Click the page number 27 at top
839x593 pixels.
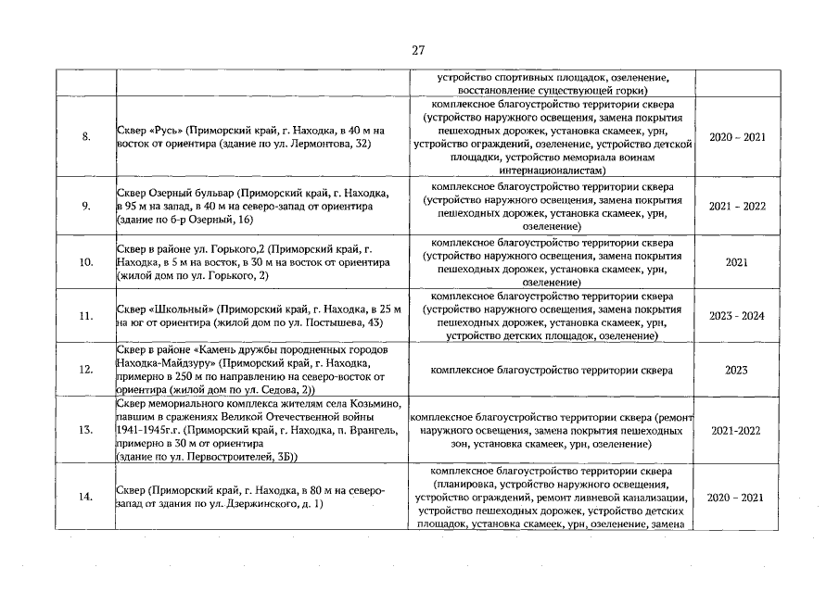(418, 50)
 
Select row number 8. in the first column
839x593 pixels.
(86, 137)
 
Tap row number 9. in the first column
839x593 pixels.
(86, 206)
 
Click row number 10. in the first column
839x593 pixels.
(86, 262)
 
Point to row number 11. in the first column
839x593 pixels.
(86, 316)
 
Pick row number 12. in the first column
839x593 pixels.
(86, 371)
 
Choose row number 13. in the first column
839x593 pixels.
(86, 431)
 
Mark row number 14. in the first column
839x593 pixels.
(86, 498)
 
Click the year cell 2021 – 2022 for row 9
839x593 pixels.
(736, 206)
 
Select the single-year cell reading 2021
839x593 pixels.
(736, 262)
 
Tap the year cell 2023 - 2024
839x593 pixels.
(736, 316)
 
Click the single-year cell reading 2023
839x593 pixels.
(736, 371)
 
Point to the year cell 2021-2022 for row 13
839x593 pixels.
(736, 431)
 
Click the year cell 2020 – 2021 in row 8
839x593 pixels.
(736, 137)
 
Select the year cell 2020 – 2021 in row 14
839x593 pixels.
(736, 498)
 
